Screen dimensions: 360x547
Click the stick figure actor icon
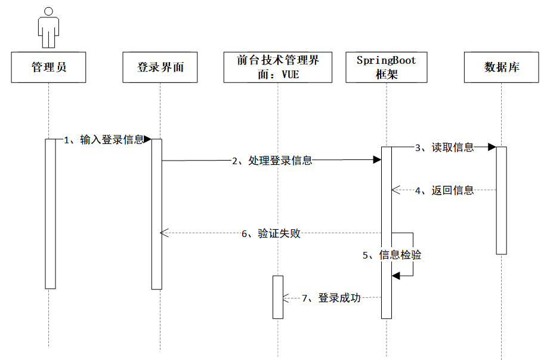click(49, 27)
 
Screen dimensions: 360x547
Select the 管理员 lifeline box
click(49, 67)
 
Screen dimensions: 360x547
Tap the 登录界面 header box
click(160, 67)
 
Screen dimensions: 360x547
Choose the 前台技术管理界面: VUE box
click(278, 67)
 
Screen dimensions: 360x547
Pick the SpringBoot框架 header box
click(387, 67)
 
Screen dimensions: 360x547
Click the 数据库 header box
click(502, 67)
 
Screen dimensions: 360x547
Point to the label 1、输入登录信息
click(104, 140)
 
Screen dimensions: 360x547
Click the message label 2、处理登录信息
click(272, 160)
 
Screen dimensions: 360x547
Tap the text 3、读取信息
click(444, 147)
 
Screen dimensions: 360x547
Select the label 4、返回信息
click(444, 190)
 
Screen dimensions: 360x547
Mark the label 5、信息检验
click(392, 255)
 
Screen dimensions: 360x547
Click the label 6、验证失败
click(271, 233)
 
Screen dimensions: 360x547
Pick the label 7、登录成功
click(331, 298)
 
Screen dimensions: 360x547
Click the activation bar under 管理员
click(50, 213)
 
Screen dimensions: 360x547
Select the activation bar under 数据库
click(501, 200)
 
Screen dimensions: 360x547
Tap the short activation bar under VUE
click(278, 297)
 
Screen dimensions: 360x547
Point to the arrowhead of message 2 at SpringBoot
click(377, 160)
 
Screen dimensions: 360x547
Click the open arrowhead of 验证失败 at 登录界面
click(164, 233)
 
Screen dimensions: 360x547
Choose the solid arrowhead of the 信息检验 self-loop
click(395, 275)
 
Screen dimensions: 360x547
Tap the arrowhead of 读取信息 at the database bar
click(492, 147)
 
